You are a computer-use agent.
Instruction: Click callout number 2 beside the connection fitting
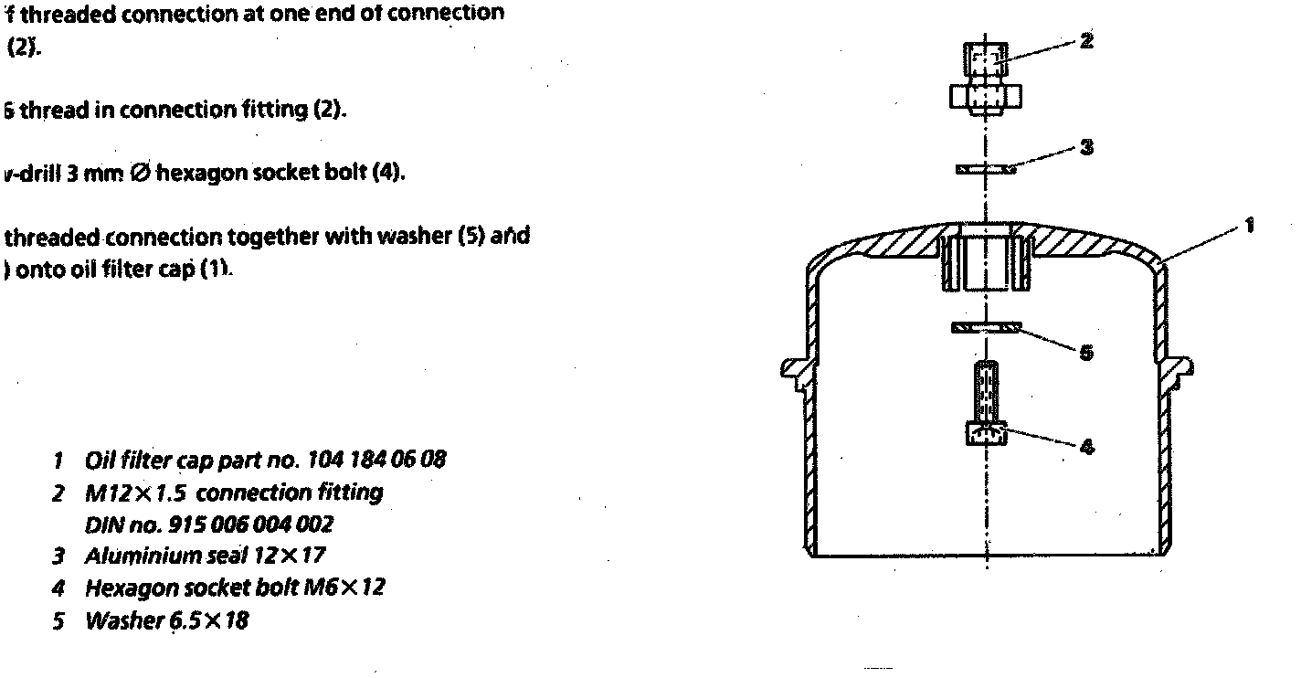(x=1086, y=41)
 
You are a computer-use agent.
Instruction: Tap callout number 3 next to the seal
(x=1086, y=146)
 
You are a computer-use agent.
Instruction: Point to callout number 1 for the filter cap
(x=1250, y=225)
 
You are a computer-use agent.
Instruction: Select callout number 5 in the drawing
(x=1085, y=353)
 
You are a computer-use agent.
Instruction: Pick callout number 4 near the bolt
(x=1086, y=447)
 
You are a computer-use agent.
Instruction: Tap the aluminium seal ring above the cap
(x=988, y=169)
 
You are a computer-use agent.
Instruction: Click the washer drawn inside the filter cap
(x=987, y=327)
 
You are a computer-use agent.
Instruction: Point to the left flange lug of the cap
(x=793, y=368)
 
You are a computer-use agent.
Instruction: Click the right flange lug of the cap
(x=1180, y=367)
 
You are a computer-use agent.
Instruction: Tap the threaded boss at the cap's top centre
(x=987, y=260)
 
